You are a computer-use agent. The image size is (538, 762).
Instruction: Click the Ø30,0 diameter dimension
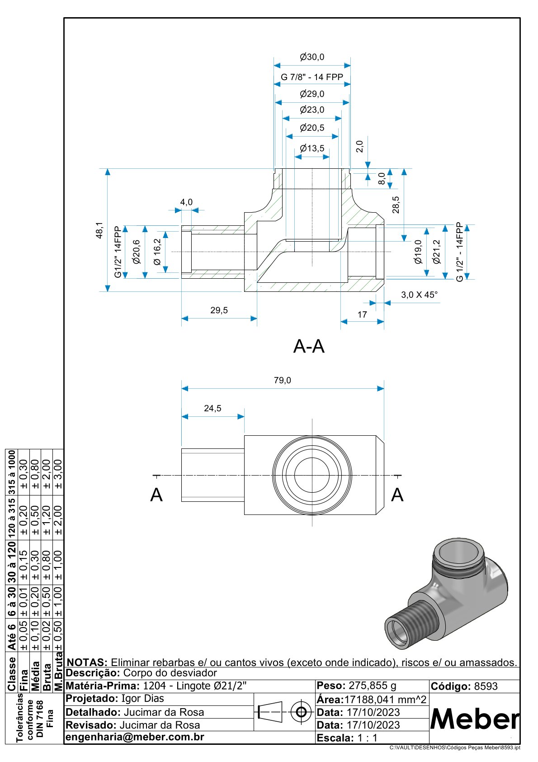point(312,57)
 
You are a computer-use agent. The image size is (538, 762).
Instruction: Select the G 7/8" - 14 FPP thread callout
point(312,77)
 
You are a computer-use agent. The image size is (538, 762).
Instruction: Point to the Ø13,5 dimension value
point(312,148)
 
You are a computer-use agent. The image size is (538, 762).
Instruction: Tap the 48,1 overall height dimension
point(99,230)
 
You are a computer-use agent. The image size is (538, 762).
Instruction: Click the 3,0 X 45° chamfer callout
point(419,295)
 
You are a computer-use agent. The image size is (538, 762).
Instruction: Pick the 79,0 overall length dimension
point(283,381)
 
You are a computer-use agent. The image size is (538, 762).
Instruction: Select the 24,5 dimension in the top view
point(212,408)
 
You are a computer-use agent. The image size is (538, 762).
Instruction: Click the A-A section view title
point(309,347)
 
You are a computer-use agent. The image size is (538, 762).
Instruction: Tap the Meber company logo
point(474,719)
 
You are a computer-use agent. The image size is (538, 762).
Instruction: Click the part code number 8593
point(486,686)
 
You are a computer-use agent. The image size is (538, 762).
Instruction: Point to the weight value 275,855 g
point(373,686)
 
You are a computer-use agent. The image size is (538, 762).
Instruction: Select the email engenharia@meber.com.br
point(135,737)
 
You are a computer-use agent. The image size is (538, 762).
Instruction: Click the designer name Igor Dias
point(143,699)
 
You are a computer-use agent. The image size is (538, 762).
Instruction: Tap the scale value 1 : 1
point(367,738)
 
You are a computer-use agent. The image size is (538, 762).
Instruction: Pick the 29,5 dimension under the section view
point(219,310)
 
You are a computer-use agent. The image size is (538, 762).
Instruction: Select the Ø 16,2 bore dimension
point(157,252)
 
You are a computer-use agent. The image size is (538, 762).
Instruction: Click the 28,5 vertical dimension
point(396,205)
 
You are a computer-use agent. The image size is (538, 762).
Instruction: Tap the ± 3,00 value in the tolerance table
point(58,473)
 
